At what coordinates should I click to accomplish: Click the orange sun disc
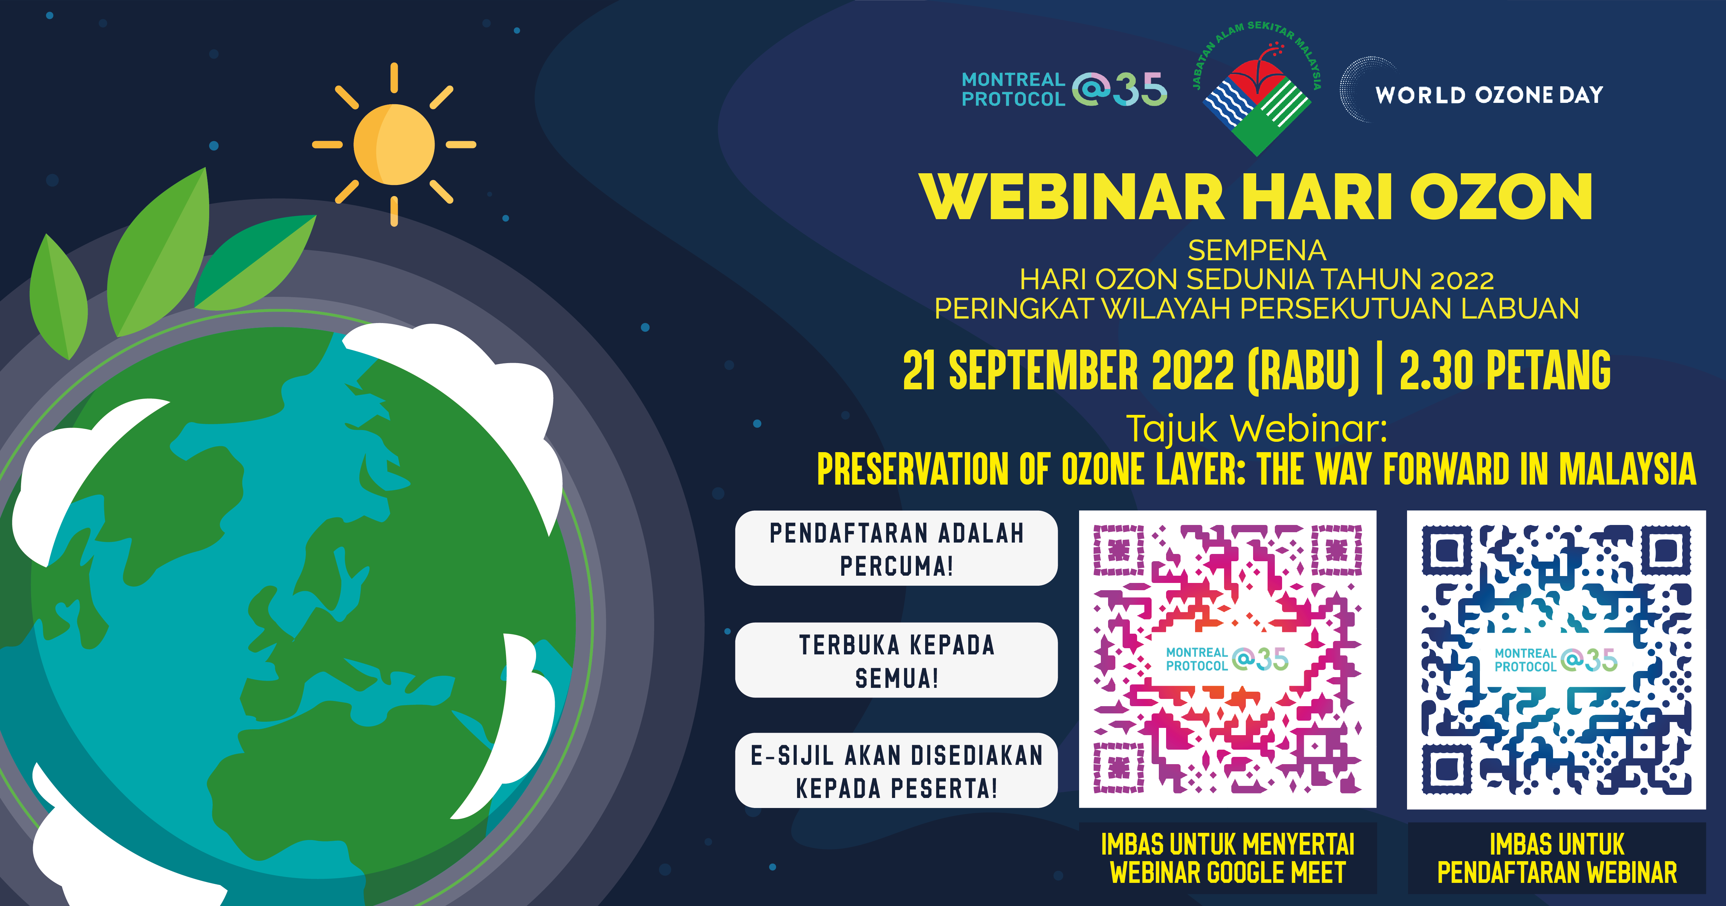click(x=394, y=144)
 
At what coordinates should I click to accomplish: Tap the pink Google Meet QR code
click(x=1228, y=660)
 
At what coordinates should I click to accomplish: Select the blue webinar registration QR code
click(x=1556, y=660)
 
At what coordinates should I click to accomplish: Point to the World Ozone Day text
click(x=1489, y=95)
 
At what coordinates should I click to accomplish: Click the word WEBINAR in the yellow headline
click(x=1072, y=197)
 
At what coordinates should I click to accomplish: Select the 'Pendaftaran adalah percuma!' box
click(x=896, y=548)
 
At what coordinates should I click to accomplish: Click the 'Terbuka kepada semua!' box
click(x=896, y=660)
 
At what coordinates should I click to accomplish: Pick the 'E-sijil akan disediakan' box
click(x=896, y=771)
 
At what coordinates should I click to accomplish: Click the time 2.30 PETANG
click(x=1505, y=370)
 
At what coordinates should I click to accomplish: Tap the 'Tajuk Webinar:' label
click(x=1257, y=429)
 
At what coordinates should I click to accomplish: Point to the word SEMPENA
click(x=1257, y=251)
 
